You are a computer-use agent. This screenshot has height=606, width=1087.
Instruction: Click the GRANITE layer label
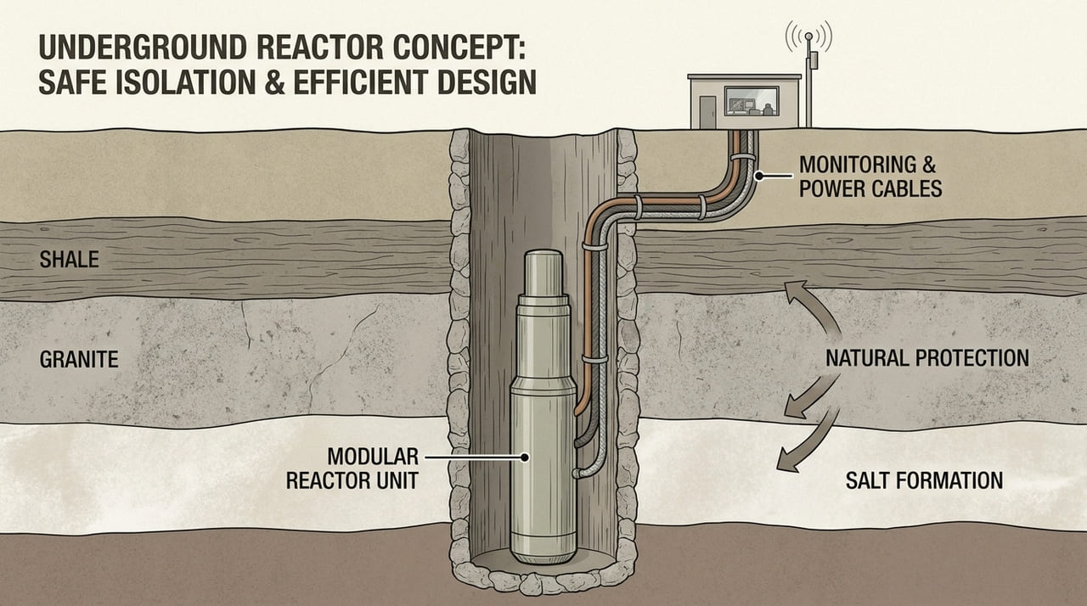[79, 360]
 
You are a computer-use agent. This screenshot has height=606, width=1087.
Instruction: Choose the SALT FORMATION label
[924, 480]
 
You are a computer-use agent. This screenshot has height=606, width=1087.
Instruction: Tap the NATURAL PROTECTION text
[927, 356]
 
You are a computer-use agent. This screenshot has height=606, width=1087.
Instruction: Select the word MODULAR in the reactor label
[352, 456]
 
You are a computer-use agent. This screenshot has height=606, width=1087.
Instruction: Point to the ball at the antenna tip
[808, 37]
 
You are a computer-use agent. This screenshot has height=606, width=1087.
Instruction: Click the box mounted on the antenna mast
[813, 61]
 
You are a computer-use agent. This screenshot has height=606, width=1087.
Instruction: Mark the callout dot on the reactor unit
[525, 457]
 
